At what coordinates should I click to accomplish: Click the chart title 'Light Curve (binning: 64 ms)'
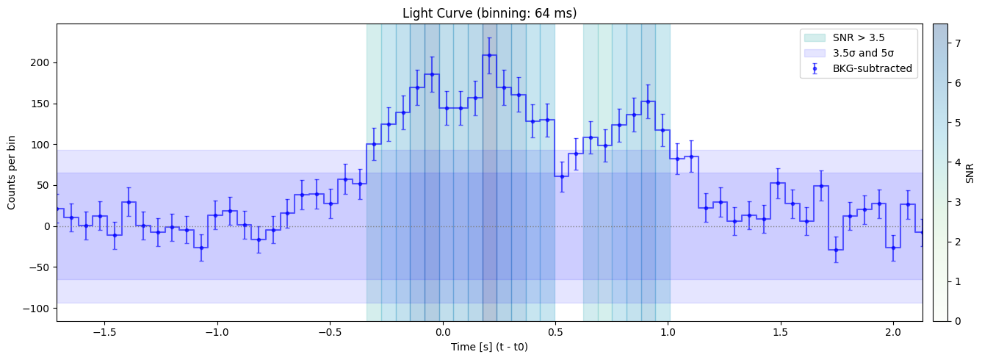pyautogui.click(x=489, y=13)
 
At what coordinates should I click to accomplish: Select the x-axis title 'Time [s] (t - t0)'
pyautogui.click(x=489, y=347)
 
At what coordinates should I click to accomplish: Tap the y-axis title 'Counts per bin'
pyautogui.click(x=12, y=172)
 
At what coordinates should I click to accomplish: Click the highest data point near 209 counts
pyautogui.click(x=489, y=55)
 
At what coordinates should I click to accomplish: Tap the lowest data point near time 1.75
pyautogui.click(x=835, y=250)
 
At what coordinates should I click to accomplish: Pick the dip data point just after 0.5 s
pyautogui.click(x=562, y=176)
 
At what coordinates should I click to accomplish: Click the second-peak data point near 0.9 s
pyautogui.click(x=648, y=101)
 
